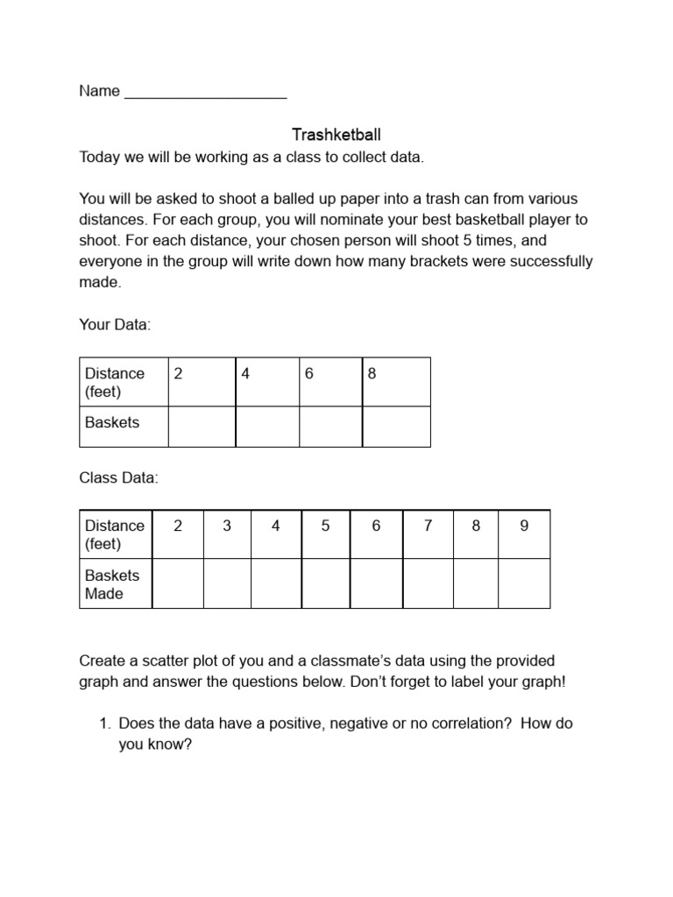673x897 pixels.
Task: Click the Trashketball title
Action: coord(336,135)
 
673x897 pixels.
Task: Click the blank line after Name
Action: coord(206,92)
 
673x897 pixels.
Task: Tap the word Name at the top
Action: coord(99,91)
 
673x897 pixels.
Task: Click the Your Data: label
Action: coord(115,325)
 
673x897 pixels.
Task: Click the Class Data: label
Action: coord(118,478)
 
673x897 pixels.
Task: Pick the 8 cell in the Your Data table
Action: coord(396,381)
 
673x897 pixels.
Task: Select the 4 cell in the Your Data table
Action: coord(267,381)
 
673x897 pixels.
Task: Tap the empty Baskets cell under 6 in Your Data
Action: coord(330,427)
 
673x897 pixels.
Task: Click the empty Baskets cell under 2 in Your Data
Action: coord(202,427)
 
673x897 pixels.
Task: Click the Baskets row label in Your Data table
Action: coord(112,422)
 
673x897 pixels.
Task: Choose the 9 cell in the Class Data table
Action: coord(524,533)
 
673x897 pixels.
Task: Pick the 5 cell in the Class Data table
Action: coord(325,533)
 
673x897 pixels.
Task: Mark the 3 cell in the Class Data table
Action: coord(227,533)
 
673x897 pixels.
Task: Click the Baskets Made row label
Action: coord(112,584)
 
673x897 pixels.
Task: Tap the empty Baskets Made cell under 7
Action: coord(428,583)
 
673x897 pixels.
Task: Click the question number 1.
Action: coord(103,724)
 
